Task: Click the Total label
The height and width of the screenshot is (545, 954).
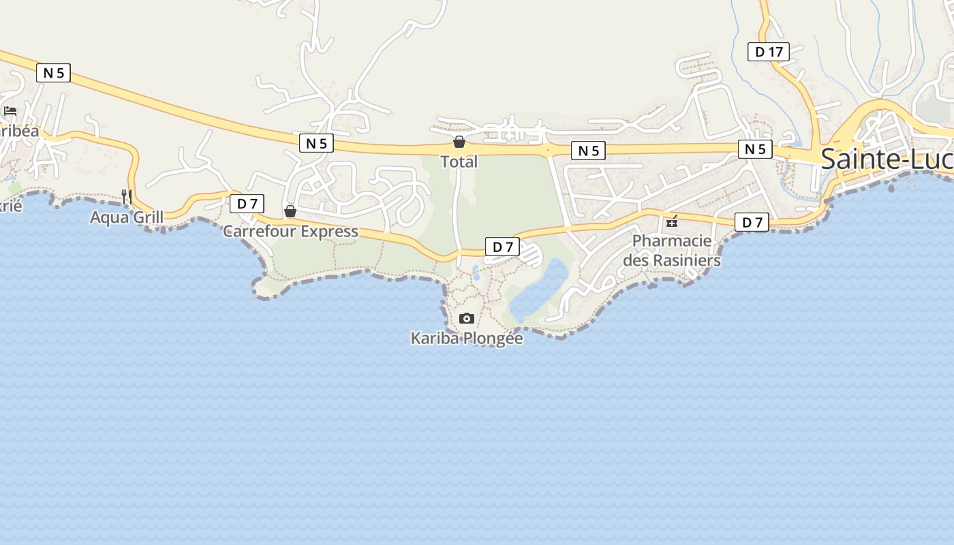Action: click(459, 162)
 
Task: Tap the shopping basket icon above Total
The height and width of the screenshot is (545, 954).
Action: click(459, 142)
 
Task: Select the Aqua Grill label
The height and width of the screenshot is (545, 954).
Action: click(127, 217)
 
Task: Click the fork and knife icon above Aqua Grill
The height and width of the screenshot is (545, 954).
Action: click(127, 196)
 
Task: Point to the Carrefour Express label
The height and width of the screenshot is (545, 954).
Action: click(290, 232)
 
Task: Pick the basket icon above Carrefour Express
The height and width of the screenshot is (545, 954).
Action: click(290, 211)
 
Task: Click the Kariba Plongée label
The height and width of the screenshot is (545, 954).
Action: click(467, 339)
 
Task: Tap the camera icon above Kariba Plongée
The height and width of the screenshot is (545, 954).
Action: click(467, 318)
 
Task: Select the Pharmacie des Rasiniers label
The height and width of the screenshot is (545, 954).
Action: click(672, 250)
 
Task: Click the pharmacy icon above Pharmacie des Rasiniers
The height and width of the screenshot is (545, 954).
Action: click(672, 221)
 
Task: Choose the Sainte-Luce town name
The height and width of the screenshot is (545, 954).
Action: click(886, 159)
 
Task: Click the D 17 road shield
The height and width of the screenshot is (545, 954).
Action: click(769, 52)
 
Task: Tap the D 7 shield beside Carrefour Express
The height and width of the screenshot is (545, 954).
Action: click(247, 204)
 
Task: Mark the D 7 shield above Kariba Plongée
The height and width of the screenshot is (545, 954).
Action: click(502, 247)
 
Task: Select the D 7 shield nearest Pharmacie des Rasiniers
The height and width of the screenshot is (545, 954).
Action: click(752, 222)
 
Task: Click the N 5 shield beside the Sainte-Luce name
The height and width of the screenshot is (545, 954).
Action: click(755, 149)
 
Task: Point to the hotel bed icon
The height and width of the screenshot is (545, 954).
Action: click(10, 111)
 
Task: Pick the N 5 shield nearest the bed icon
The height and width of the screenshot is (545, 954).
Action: click(53, 73)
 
